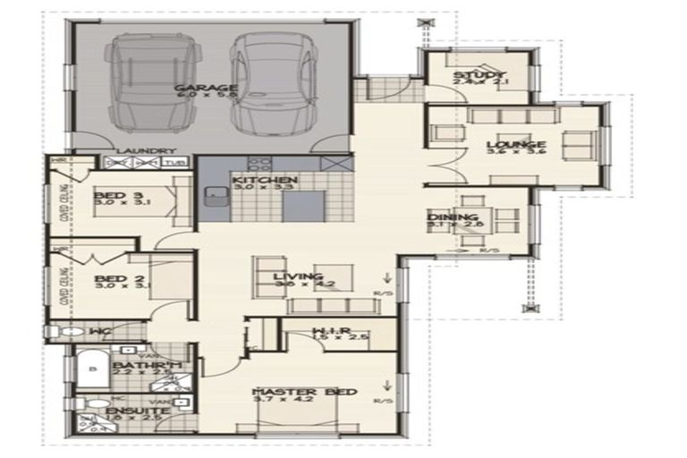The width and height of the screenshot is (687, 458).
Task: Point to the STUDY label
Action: pyautogui.click(x=479, y=75)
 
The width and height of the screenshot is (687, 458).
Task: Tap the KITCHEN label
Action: pyautogui.click(x=264, y=181)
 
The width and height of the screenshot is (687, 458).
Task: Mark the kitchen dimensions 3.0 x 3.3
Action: pyautogui.click(x=264, y=189)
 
